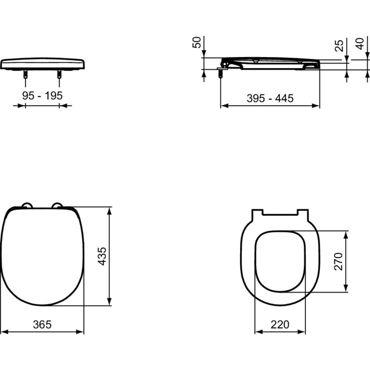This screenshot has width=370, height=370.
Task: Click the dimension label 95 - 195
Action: coord(42,96)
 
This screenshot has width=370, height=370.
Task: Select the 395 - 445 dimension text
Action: coord(270,98)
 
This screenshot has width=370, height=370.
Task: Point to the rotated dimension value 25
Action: coord(339,45)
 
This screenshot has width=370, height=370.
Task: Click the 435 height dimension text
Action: coord(102,256)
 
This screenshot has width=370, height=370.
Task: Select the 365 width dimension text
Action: coord(42,324)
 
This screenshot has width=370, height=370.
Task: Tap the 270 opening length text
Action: coord(339,262)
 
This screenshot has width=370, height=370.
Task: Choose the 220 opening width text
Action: coord(280,324)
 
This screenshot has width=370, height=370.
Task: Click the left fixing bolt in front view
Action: coord(25,74)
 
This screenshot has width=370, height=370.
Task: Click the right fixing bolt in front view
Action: coord(59,74)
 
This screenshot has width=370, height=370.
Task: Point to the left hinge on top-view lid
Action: coord(27,205)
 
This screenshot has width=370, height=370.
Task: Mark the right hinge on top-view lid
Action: coord(57,205)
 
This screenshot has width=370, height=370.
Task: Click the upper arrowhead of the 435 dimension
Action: coord(110,210)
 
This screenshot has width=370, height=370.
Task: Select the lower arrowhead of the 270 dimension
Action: coord(346,289)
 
